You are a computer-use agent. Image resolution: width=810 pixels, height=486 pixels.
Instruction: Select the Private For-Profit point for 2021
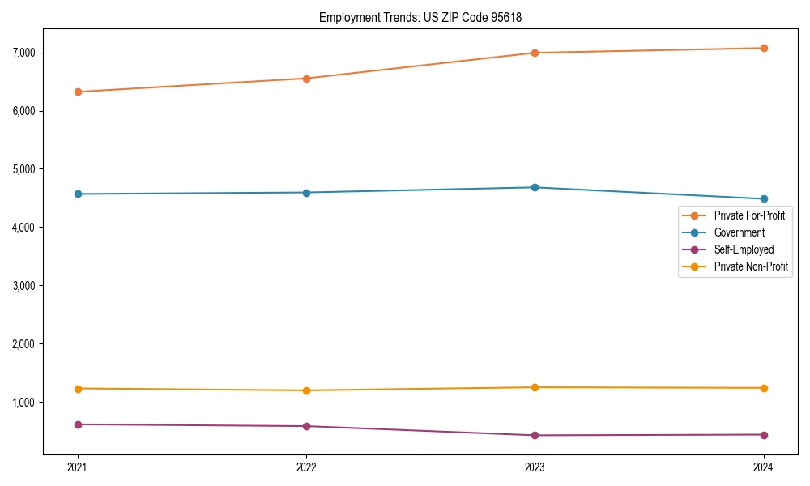[x=78, y=92]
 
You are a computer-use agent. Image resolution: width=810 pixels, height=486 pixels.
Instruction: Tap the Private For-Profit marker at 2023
[x=535, y=53]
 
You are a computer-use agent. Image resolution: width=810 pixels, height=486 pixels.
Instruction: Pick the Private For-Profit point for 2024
[x=764, y=48]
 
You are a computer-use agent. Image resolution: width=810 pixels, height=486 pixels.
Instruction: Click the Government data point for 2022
[x=306, y=193]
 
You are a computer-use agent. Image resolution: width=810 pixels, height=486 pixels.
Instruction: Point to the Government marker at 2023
[x=535, y=187]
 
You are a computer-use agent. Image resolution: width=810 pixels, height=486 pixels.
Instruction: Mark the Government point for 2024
[x=764, y=199]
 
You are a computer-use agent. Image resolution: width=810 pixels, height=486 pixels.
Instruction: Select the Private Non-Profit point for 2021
[x=78, y=389]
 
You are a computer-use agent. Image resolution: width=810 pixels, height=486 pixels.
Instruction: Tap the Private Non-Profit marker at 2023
[x=535, y=387]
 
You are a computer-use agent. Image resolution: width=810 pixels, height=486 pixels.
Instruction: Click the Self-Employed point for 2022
[x=306, y=426]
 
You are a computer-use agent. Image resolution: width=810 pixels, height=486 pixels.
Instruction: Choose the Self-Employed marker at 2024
[x=764, y=435]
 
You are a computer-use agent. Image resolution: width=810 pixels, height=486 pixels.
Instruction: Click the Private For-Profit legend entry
[x=749, y=215]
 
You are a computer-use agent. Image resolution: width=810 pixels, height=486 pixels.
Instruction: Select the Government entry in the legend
[x=739, y=232]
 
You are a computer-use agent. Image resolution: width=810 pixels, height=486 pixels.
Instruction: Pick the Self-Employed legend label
[x=744, y=249]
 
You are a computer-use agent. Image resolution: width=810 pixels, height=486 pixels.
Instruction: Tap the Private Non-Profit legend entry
[x=751, y=266]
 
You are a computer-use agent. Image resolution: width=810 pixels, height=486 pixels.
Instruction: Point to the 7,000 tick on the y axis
[x=23, y=53]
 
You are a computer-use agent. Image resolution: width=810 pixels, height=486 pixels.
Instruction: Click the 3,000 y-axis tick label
[x=23, y=286]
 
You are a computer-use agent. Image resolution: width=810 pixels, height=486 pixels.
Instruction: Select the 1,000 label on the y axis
[x=23, y=403]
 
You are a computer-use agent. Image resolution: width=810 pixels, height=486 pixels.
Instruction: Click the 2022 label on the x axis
[x=306, y=467]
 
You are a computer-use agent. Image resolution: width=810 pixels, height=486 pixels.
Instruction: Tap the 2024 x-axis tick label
[x=764, y=467]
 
